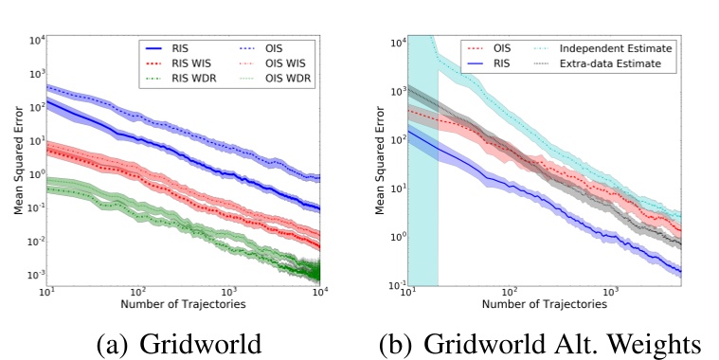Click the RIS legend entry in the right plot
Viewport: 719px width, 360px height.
click(x=484, y=63)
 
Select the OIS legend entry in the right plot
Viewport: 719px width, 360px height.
click(x=484, y=48)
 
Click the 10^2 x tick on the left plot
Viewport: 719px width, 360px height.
click(x=138, y=293)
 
